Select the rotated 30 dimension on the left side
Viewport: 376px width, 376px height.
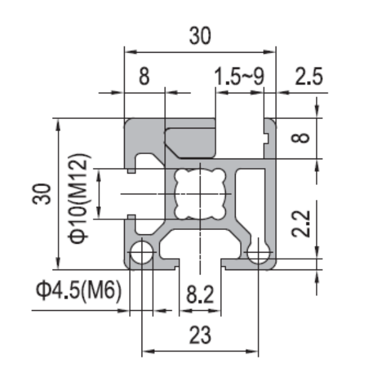click(42, 195)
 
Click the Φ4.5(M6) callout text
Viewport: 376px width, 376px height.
click(78, 291)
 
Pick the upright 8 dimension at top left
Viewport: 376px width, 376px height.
click(144, 77)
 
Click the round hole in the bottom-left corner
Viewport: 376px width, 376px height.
click(142, 254)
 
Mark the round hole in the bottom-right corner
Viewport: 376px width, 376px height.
click(258, 254)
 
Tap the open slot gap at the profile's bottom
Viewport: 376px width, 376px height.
click(200, 263)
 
